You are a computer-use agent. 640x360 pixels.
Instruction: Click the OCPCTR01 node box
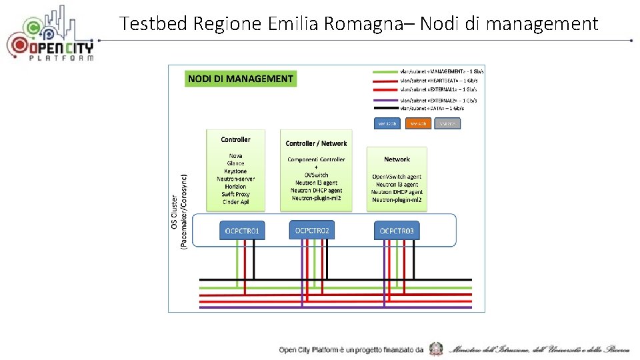243,231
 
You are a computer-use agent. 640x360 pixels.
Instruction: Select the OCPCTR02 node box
311,231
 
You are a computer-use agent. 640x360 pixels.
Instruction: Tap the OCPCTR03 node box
397,231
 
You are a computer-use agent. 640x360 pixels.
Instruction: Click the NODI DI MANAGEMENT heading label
240,79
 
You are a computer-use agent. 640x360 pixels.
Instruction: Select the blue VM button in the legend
387,123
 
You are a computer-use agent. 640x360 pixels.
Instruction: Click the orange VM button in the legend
418,123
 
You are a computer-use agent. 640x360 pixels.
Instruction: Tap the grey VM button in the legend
448,123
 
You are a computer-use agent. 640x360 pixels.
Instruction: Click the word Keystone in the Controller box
235,171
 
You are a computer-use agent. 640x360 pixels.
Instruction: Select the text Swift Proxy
235,194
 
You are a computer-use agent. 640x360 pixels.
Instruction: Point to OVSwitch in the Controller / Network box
316,175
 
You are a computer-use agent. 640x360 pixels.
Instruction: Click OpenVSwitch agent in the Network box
397,177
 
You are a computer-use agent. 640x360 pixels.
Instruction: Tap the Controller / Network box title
316,143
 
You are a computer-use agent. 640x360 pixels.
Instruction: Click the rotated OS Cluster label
175,212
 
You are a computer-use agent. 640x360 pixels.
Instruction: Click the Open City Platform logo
50,37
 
